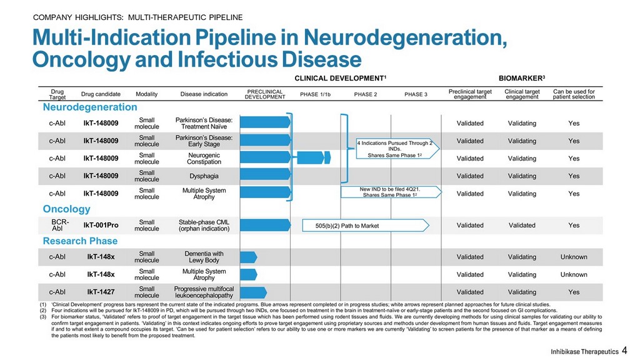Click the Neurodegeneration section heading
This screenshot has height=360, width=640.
tap(90, 107)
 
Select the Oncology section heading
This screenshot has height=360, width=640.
tap(66, 209)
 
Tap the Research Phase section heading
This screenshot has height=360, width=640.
tap(80, 241)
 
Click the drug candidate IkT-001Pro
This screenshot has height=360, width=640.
tap(101, 225)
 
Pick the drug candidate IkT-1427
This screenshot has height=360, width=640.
tap(101, 292)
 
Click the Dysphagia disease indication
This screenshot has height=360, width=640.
tap(204, 176)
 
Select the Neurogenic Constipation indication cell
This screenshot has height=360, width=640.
tap(204, 158)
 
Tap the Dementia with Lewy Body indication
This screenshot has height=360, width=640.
tap(204, 257)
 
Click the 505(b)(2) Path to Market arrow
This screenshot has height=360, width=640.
tap(366, 225)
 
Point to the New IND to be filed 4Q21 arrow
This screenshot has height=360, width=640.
tap(391, 192)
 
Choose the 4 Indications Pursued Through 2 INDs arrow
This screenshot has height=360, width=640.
tap(397, 149)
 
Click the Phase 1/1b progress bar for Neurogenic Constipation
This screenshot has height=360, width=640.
tap(314, 157)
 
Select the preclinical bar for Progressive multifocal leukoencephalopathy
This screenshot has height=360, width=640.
tap(254, 292)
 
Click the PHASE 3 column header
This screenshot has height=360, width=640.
tap(416, 94)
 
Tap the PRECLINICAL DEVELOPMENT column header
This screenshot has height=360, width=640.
tap(265, 94)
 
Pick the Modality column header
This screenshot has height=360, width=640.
tap(146, 94)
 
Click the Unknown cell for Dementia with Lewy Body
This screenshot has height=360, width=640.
tap(574, 257)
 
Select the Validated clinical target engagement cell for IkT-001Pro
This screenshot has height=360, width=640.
tap(522, 225)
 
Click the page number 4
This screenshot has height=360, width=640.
tap(624, 350)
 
